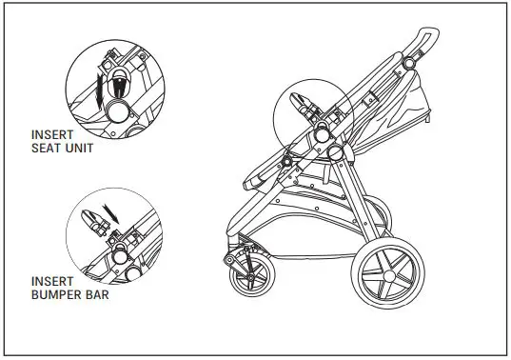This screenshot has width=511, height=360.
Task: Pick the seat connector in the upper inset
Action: point(120,80)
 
